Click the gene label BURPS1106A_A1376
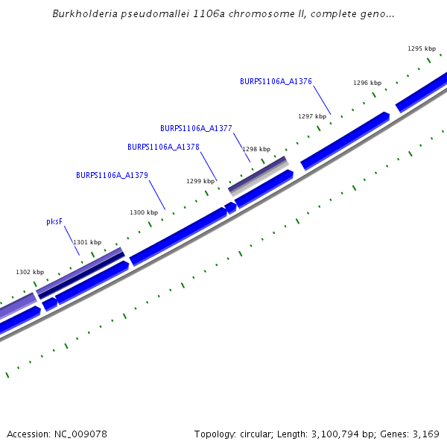click(276, 81)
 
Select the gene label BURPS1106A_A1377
click(196, 128)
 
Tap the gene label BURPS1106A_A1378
click(163, 148)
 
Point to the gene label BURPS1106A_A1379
click(112, 175)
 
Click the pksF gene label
click(54, 221)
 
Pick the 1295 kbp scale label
click(421, 48)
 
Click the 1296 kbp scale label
click(367, 83)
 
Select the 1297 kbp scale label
click(312, 116)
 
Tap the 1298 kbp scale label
click(256, 149)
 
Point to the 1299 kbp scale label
click(200, 181)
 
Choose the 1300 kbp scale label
click(144, 212)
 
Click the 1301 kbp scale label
click(87, 242)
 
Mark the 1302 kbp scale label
click(30, 272)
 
